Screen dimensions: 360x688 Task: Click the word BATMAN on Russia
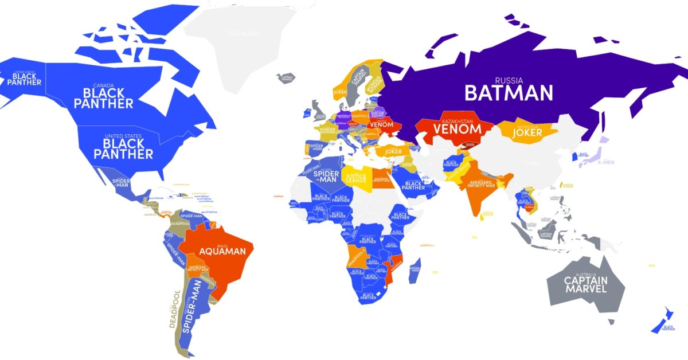click(x=508, y=92)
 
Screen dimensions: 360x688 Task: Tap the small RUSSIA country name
click(x=509, y=80)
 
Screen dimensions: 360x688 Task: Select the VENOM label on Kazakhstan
click(x=457, y=129)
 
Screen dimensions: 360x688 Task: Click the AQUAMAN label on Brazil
click(x=222, y=251)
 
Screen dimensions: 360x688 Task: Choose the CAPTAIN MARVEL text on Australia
click(x=585, y=284)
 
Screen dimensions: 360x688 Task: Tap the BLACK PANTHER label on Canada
click(x=108, y=99)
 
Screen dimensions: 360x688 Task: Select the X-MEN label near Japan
click(x=605, y=162)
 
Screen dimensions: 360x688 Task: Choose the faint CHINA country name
click(x=530, y=163)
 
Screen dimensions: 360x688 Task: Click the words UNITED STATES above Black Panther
click(x=123, y=136)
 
